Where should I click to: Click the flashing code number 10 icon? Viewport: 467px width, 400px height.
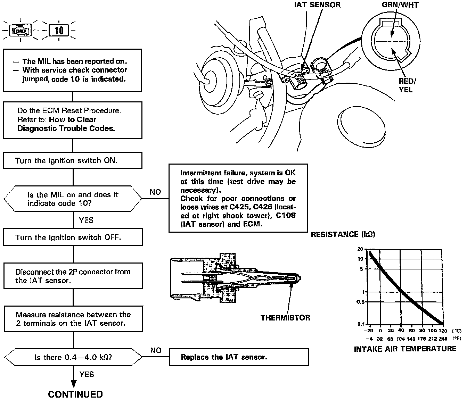coord(59,31)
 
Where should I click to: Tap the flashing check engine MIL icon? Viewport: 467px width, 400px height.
coord(21,31)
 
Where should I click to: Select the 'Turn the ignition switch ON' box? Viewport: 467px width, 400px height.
coord(73,161)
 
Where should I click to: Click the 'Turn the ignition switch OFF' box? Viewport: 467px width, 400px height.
coord(73,237)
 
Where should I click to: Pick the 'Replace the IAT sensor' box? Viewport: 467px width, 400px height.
coord(239,357)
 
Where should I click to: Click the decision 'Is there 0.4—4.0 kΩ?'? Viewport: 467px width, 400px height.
coord(73,357)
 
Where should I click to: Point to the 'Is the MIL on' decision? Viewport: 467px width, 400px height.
coord(73,199)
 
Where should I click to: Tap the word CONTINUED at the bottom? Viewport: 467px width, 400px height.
coord(75,394)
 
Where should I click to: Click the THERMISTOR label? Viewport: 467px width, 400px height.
coord(285,318)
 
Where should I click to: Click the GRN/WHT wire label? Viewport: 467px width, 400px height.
coord(400,5)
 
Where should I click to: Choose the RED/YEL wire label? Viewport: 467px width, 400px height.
coord(406,85)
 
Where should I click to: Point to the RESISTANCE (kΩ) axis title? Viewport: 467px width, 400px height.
coord(343,235)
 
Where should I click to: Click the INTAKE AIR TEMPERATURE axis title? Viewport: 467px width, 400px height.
coord(405,349)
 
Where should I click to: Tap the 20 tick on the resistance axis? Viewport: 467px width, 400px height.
coord(360,249)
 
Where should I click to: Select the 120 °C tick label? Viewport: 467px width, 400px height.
coord(442,331)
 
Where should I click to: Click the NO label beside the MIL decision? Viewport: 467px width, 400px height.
coord(155,192)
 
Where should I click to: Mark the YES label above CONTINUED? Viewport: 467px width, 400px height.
coord(87,374)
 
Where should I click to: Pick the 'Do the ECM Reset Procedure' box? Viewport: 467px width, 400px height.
coord(73,120)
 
